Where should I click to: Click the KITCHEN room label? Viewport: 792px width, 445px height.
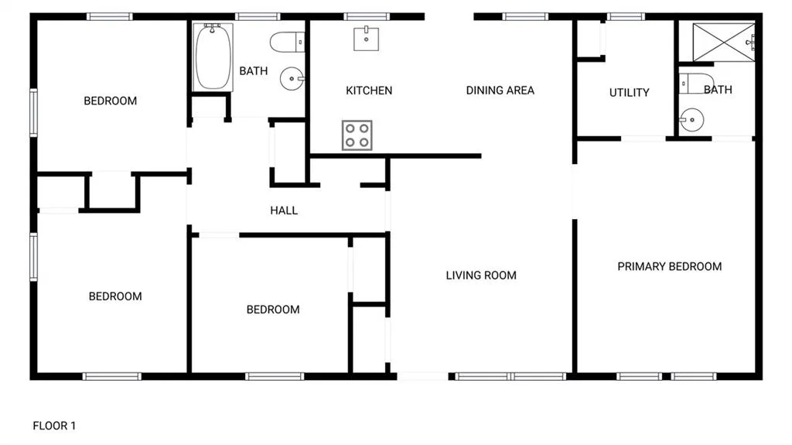[369, 91]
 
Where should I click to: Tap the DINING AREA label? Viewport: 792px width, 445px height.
[500, 91]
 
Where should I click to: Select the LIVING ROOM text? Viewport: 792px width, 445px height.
[481, 276]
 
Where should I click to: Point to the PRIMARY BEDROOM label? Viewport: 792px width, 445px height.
[669, 266]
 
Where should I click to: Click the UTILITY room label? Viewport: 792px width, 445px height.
[629, 93]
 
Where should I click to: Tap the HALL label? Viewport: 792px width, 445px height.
[284, 211]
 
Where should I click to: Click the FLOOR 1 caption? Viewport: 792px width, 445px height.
[54, 426]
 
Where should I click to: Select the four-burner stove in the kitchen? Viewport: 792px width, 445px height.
[357, 135]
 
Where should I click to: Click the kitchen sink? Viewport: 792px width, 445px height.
[366, 39]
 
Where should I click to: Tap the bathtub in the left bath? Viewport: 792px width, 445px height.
[213, 57]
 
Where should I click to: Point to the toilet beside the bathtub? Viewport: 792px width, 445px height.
[288, 43]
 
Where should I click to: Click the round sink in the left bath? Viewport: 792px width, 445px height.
[292, 79]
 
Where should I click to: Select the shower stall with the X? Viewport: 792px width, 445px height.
[724, 43]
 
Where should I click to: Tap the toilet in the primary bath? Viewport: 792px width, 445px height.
[696, 84]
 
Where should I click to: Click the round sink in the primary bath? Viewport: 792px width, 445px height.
[691, 121]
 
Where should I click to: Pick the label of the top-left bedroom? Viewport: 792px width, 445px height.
[110, 101]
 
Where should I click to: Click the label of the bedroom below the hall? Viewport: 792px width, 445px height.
[273, 310]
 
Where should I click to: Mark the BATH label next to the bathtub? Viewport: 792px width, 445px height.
[254, 71]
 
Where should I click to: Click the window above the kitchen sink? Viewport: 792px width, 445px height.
[367, 17]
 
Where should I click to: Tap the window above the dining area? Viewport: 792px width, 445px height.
[525, 17]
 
